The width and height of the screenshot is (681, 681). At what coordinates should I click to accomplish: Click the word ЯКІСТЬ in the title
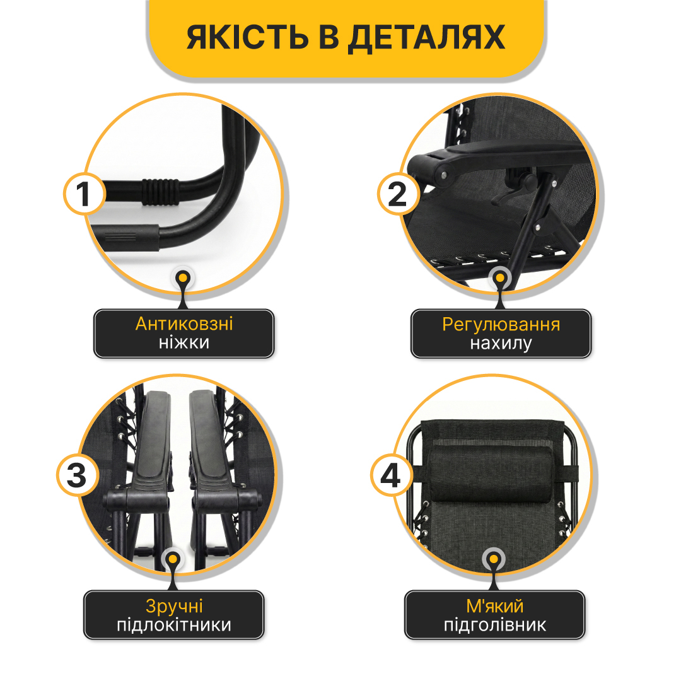(247, 37)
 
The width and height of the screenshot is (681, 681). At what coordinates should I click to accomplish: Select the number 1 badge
(84, 194)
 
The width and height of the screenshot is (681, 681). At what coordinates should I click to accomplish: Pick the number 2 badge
(398, 194)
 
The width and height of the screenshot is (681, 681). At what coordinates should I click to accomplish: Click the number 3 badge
(78, 475)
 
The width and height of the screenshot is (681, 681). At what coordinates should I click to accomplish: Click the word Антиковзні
(184, 324)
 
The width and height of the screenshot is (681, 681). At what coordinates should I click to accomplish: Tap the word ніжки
(184, 342)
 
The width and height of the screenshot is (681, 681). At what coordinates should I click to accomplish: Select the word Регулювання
(501, 325)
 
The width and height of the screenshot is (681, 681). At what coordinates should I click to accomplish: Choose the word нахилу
(501, 344)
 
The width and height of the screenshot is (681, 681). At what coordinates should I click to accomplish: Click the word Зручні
(174, 607)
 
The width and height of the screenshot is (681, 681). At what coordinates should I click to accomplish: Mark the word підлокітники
(174, 626)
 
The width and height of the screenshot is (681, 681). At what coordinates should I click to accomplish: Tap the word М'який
(495, 607)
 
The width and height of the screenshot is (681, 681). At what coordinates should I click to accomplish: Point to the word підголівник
(495, 626)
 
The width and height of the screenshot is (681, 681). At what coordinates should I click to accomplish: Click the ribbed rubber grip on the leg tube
(160, 192)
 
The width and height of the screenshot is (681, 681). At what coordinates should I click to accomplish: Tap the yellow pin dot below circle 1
(183, 278)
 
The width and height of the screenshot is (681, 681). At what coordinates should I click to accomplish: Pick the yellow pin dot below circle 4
(493, 559)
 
